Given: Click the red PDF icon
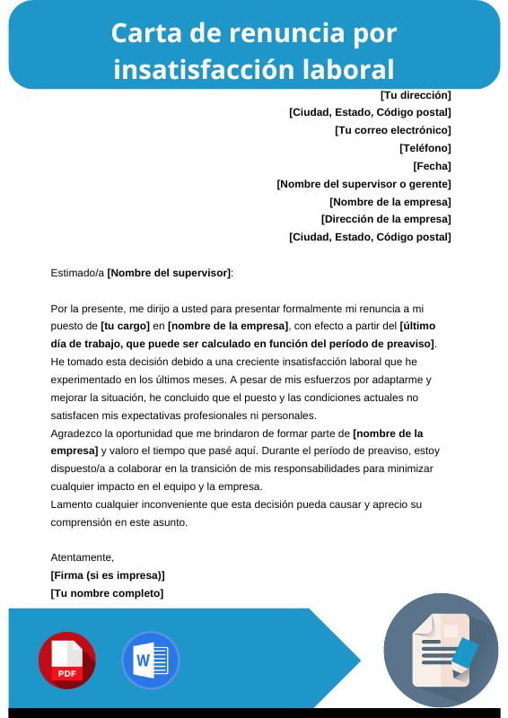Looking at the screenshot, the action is coord(66,661).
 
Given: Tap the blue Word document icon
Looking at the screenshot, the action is coord(150,661).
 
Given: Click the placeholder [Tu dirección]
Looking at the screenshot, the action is coord(416,95).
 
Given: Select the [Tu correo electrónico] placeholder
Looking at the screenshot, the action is coord(392,130).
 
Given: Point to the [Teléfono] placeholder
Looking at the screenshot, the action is coord(425,148).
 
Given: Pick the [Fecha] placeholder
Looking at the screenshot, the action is coord(432,166).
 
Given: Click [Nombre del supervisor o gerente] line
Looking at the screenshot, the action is coord(363,184).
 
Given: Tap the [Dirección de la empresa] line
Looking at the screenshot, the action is coord(386,219).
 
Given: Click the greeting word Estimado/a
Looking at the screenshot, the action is coord(77,273).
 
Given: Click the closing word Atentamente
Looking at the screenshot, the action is coord(82,557).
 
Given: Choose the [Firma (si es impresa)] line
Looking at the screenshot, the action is coord(108,575).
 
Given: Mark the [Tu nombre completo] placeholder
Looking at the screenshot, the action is coord(107,593).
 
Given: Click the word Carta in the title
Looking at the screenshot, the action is coord(144,34).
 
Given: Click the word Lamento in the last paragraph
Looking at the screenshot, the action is coord(73,504).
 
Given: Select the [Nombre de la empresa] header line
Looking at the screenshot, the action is coord(390,202).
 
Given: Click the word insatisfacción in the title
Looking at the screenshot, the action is coord(209,69).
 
